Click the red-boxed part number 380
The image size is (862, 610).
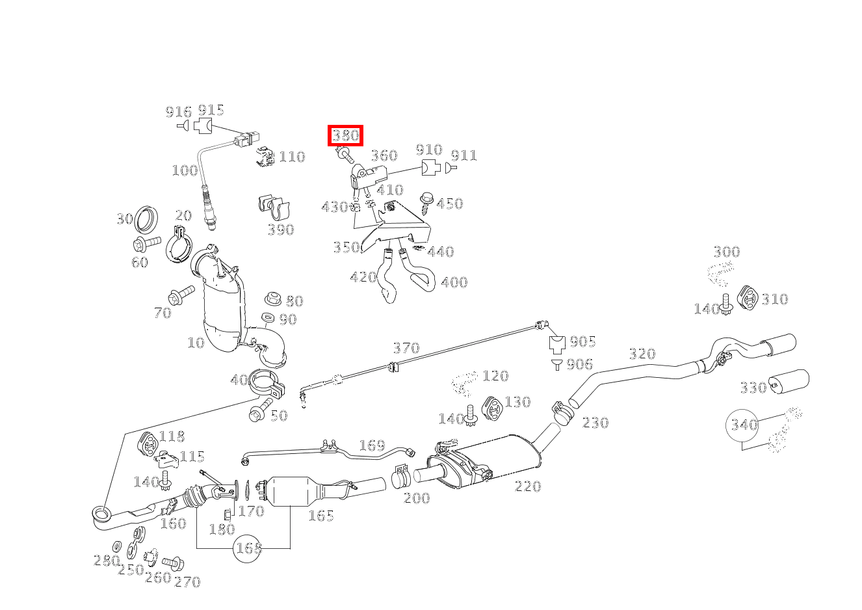coord(345,135)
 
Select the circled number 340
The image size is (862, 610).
coord(743,425)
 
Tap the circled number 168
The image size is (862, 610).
coord(247,548)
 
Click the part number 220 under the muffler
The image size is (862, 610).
coord(527,486)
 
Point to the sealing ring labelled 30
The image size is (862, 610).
coord(146,219)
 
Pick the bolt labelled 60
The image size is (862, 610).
coord(146,244)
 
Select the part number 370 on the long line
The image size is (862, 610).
coord(406,348)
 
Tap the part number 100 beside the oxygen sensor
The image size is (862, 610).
coord(185,170)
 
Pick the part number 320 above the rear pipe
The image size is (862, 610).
coord(642,354)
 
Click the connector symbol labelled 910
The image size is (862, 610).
coord(430,167)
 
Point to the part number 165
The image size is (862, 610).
coord(320,516)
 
